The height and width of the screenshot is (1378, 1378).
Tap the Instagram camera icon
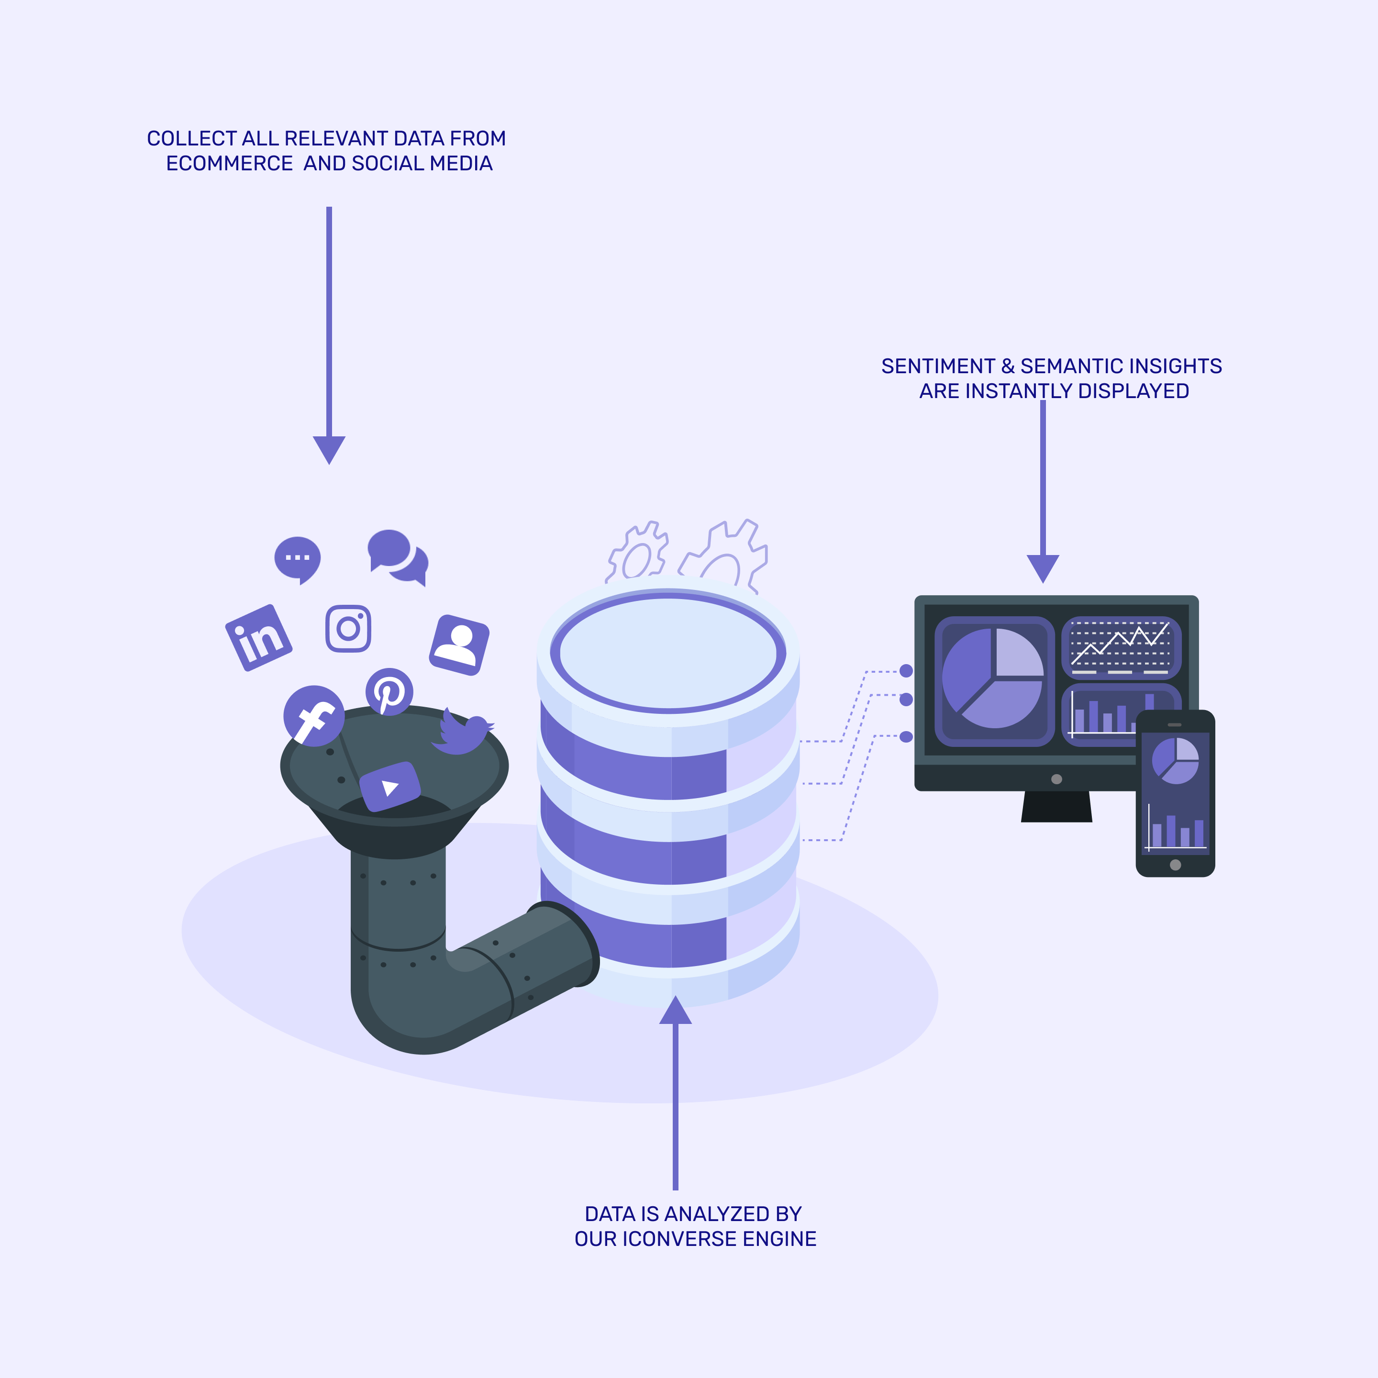coord(348,628)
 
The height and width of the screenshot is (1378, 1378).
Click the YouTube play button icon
coord(389,787)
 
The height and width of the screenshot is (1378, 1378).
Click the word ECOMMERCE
coord(230,163)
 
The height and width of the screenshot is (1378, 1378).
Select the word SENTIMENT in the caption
coord(938,366)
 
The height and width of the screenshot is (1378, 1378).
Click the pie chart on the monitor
coord(993,678)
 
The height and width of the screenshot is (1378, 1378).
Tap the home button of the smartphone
coord(1176,865)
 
